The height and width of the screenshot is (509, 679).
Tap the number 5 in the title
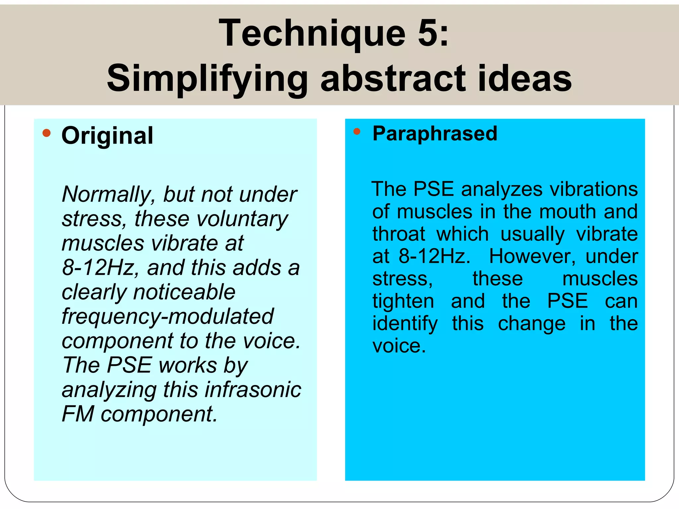(x=428, y=33)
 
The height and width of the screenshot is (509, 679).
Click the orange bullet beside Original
(x=47, y=133)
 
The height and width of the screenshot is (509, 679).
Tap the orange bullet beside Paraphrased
(x=357, y=132)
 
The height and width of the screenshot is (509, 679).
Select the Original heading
(x=107, y=136)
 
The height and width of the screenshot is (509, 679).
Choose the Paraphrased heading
(x=435, y=134)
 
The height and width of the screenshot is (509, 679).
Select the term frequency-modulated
(x=168, y=316)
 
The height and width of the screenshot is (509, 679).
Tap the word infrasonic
(x=253, y=390)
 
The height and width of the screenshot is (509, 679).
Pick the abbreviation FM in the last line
(x=78, y=414)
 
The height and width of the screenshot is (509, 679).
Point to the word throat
(x=399, y=234)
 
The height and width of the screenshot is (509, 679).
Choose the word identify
(x=405, y=324)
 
